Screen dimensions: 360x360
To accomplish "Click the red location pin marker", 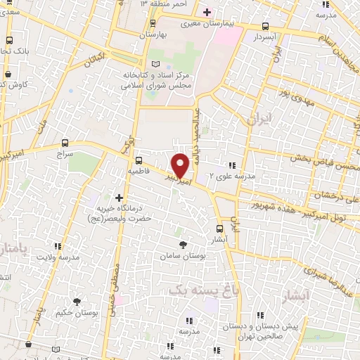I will point(181,165).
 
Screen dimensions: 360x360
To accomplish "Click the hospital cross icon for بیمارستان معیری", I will point(206,12).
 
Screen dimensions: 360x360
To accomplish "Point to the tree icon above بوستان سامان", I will point(184,244).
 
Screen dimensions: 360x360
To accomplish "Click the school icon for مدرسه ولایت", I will point(57,246).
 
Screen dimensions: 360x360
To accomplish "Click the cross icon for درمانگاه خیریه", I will point(118,198).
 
